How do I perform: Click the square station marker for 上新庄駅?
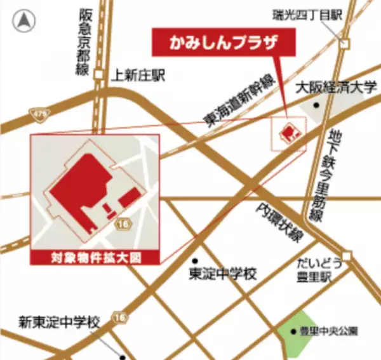(98, 74)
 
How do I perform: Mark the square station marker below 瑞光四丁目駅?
(344, 44)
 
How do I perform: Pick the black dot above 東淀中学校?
(196, 261)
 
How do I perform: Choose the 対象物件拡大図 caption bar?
(95, 258)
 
